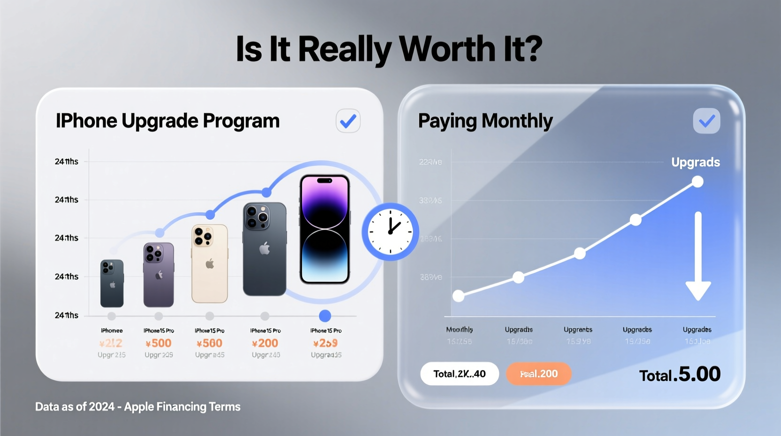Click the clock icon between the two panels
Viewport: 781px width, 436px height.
[390, 232]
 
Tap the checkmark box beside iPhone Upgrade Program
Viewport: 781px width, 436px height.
[348, 121]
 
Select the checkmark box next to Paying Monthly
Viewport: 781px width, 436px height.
[706, 121]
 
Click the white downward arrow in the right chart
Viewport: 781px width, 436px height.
[698, 256]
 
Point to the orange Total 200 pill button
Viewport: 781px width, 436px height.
[538, 374]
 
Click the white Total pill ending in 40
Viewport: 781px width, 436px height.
[459, 374]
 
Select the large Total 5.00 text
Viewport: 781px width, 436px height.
[680, 375]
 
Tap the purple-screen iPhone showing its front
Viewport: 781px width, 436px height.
[325, 229]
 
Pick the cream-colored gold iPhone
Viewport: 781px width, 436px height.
[209, 263]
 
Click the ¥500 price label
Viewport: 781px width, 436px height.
[159, 343]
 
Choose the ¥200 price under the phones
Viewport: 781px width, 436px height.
[265, 343]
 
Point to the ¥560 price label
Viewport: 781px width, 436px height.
[210, 343]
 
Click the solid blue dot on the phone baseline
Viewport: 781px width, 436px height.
[325, 316]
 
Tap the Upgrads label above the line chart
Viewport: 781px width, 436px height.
[695, 163]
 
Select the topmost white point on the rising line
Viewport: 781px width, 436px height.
[697, 182]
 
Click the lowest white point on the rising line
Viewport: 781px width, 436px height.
[459, 296]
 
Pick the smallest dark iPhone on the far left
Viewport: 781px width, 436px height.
[112, 283]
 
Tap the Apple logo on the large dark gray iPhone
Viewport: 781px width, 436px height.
[265, 248]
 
